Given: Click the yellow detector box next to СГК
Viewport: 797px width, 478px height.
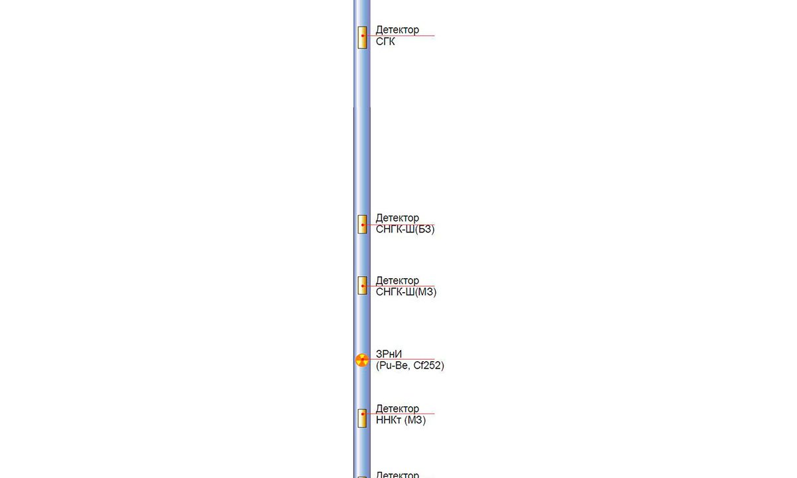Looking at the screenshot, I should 363,37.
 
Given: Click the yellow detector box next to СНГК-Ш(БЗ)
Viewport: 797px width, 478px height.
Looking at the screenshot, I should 363,224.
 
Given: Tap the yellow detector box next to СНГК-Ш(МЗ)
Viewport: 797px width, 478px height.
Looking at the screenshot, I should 363,285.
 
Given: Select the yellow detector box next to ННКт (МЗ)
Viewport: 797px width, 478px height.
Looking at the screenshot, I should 363,418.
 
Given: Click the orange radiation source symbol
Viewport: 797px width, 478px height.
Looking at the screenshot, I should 362,360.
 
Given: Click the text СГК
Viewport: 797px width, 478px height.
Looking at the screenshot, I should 385,42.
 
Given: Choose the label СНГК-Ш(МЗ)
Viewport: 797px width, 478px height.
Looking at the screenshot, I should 406,292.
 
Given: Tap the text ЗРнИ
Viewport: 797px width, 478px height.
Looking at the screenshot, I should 389,355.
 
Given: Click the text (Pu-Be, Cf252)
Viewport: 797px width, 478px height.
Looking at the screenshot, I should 410,366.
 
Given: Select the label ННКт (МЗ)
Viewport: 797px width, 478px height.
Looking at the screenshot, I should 400,420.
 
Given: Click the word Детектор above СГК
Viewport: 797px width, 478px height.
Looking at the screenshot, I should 397,30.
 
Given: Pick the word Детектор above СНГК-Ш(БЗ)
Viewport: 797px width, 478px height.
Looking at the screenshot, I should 397,218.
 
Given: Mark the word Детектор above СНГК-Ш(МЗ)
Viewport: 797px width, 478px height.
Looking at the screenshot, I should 397,280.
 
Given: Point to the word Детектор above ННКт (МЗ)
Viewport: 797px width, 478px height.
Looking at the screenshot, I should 397,408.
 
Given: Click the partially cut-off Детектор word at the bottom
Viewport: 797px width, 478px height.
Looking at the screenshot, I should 397,474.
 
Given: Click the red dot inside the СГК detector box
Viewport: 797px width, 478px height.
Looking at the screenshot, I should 363,36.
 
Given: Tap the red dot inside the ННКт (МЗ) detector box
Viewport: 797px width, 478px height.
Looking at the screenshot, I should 363,414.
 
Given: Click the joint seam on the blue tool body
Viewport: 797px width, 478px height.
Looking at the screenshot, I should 362,107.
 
